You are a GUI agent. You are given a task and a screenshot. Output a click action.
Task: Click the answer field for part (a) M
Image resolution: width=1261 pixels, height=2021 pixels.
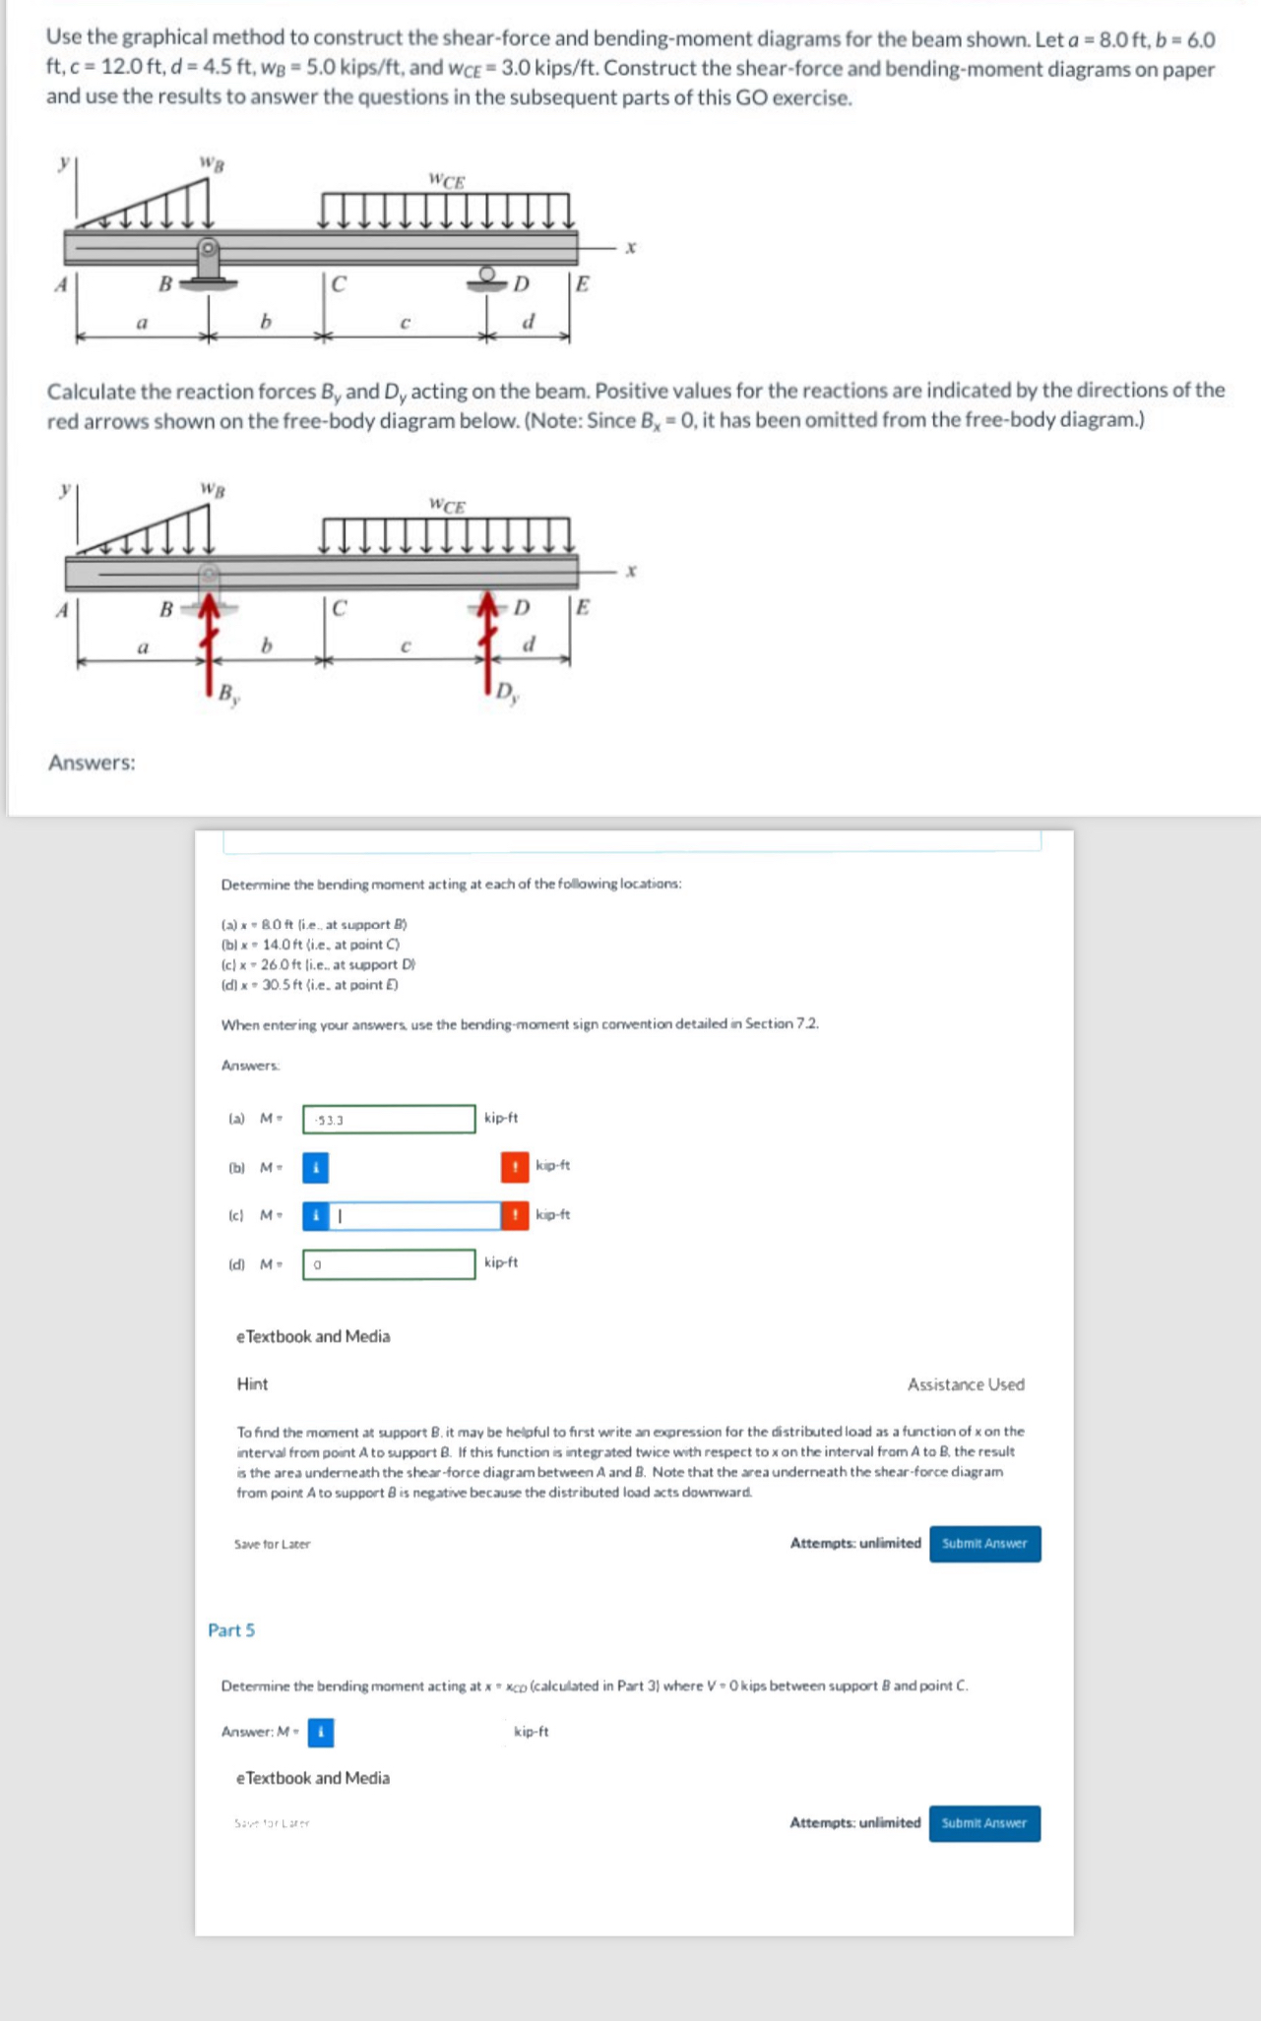tap(389, 1119)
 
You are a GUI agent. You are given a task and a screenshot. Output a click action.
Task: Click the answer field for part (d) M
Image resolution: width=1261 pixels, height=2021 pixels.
tap(389, 1263)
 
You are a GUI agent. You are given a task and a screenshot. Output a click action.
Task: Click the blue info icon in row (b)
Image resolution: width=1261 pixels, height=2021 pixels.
tap(315, 1167)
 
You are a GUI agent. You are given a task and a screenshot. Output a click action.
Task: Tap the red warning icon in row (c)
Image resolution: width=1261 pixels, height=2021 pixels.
tap(514, 1215)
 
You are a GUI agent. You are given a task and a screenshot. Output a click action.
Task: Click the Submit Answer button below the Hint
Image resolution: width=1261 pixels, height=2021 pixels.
tap(983, 1543)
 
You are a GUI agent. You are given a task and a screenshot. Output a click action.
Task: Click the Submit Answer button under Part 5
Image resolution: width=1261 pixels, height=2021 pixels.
tap(983, 1822)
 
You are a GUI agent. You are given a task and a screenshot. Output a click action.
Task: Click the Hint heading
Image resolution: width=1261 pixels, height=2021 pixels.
tap(252, 1383)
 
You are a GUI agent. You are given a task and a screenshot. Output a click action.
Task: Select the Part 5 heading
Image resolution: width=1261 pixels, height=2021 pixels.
tap(231, 1629)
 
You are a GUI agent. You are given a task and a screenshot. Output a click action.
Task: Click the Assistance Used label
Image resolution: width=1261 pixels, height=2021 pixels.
tap(965, 1384)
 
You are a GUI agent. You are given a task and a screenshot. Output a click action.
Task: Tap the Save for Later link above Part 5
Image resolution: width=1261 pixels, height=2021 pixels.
tap(272, 1544)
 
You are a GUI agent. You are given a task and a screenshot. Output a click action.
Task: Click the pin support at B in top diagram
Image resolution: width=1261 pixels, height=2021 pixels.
tap(208, 266)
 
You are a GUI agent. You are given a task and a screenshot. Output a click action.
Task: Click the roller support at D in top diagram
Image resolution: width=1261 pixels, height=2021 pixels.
tap(487, 277)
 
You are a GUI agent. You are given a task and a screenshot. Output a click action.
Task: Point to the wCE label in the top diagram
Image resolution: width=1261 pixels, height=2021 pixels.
tap(447, 180)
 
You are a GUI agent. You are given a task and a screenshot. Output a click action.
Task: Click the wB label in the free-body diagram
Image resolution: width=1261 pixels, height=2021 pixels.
tap(212, 488)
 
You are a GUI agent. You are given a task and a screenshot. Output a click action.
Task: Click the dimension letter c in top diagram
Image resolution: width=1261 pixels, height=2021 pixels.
tap(405, 322)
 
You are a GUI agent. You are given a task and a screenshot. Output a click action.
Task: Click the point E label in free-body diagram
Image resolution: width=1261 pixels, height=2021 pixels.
tap(582, 606)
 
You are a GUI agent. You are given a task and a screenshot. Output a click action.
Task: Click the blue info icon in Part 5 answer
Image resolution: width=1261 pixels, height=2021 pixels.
tap(321, 1731)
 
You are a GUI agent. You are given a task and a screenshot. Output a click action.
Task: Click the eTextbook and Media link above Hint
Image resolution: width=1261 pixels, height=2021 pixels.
tap(313, 1336)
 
